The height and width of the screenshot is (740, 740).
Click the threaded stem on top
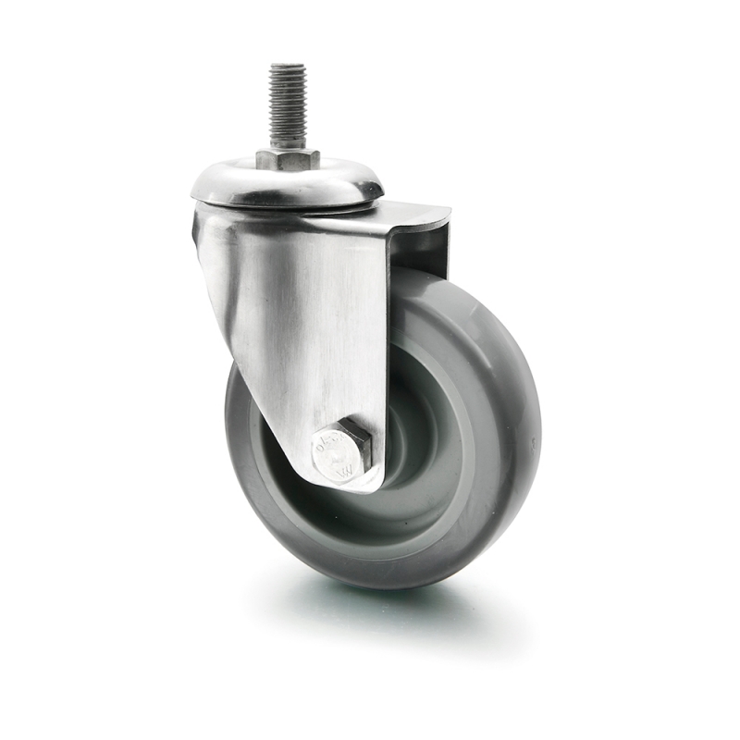point(288,102)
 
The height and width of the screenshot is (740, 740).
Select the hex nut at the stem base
point(288,159)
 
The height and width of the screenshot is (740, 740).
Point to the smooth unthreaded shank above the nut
point(288,141)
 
